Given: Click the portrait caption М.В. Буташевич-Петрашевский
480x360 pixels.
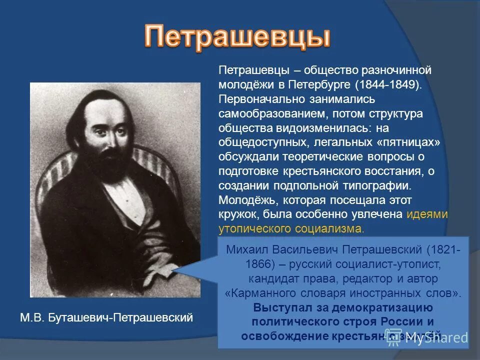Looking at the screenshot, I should (106, 317).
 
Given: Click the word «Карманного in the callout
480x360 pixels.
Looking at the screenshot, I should (256, 292).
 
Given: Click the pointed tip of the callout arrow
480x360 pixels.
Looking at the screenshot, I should (173, 271).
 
